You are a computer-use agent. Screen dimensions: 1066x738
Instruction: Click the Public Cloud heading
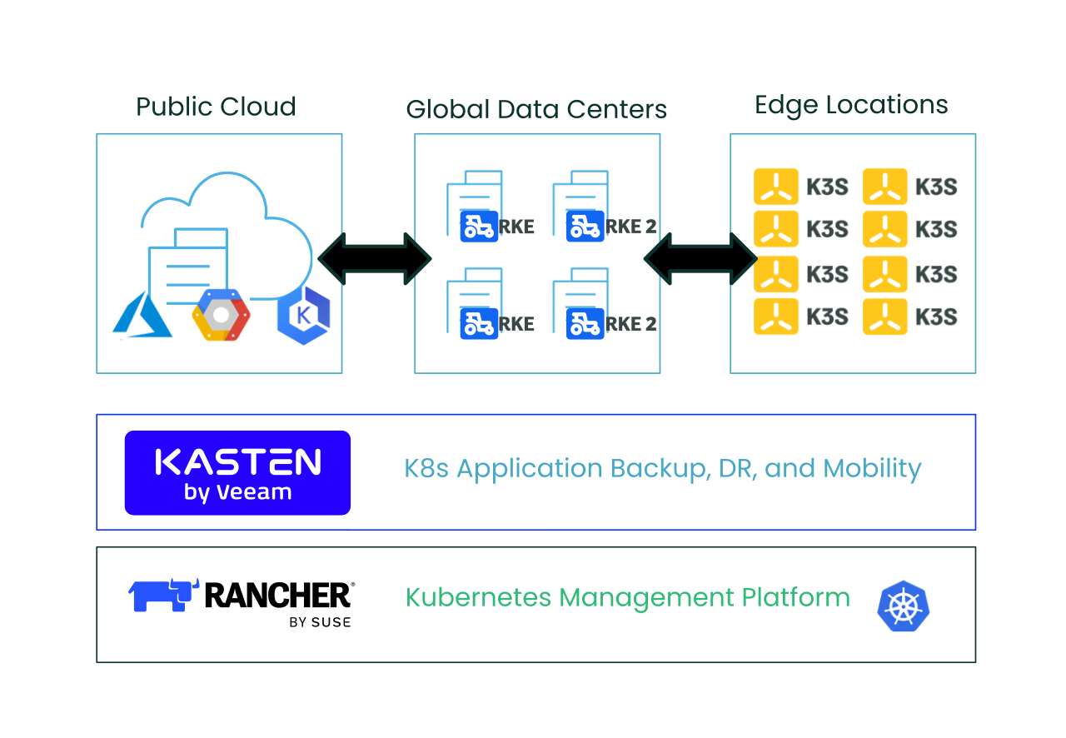216,106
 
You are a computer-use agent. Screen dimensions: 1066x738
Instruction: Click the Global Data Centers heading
536,109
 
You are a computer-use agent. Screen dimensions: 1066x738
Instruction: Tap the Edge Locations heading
851,105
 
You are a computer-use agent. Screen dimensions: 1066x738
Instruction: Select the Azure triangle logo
142,315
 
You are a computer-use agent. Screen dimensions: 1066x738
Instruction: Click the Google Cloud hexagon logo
221,315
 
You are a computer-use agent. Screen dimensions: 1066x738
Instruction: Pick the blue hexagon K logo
304,315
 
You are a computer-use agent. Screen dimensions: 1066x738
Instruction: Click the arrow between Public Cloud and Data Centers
375,258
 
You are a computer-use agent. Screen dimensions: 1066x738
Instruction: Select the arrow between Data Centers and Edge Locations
700,258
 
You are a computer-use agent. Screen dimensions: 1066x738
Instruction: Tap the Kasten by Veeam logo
237,473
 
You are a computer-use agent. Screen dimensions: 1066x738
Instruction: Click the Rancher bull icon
163,596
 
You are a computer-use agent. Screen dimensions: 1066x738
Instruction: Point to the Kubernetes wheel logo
904,606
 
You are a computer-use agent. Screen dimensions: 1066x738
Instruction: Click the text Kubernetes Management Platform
628,597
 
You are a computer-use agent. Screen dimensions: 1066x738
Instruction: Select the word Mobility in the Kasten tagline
872,468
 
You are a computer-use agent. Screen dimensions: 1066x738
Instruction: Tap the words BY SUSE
320,622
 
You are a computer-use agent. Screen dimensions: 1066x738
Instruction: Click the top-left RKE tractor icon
479,227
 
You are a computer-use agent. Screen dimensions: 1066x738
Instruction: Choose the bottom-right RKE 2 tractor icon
585,324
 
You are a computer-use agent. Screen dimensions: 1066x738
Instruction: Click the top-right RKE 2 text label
631,227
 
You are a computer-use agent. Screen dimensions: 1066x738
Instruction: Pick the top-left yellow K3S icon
775,187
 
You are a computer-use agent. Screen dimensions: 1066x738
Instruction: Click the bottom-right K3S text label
936,317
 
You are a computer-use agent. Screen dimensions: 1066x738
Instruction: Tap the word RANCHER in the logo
278,596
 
